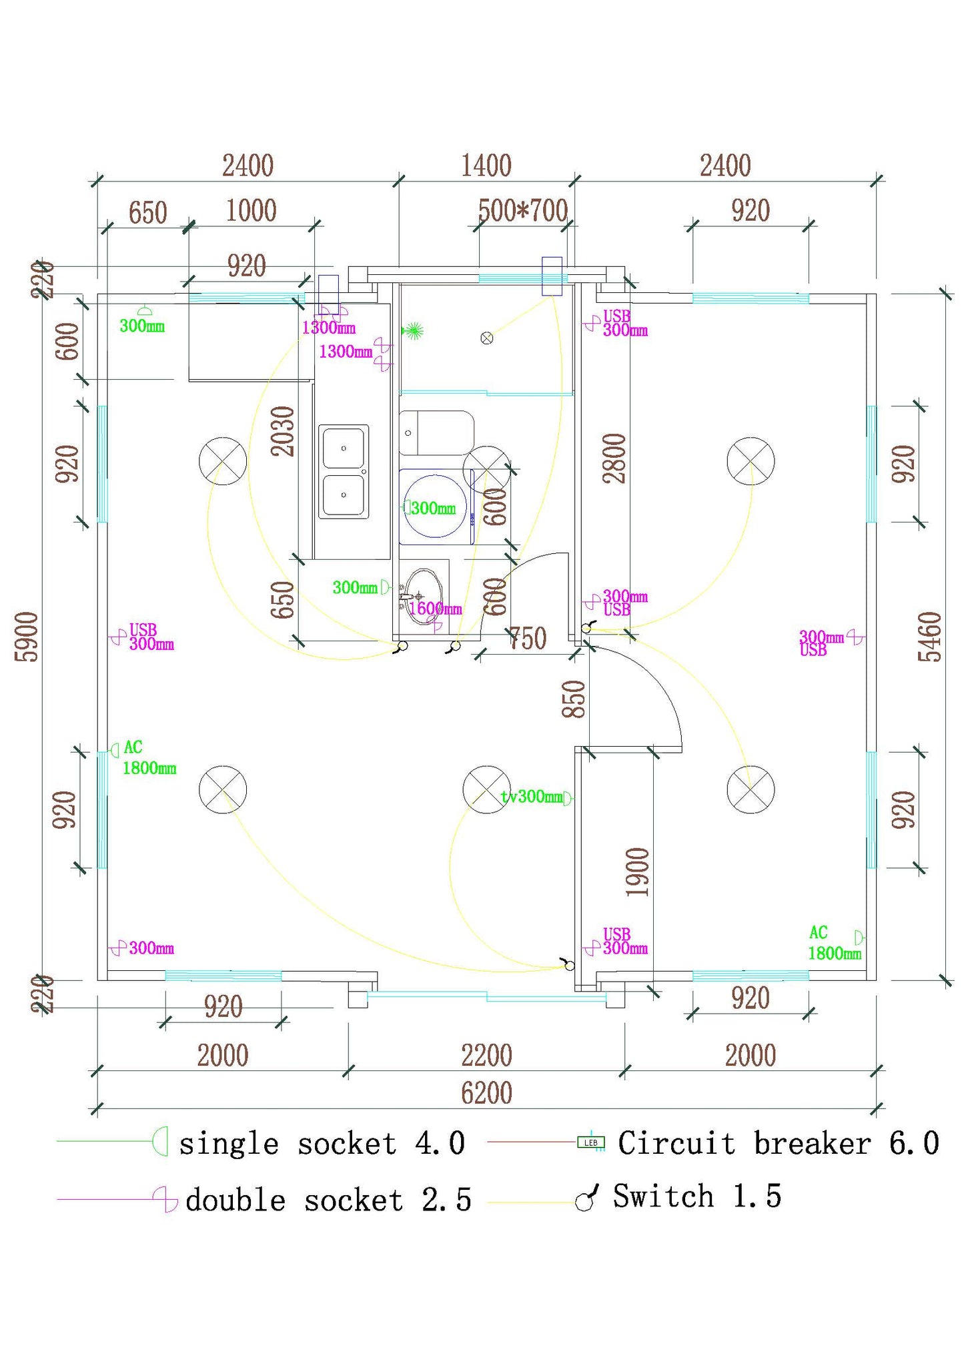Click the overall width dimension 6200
pos(486,1092)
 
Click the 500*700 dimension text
pos(522,211)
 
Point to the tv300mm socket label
pos(532,796)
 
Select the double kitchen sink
pos(344,471)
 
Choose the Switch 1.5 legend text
pos(696,1196)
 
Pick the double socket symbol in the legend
pos(165,1199)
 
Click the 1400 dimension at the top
pos(486,165)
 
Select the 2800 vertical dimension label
pos(614,458)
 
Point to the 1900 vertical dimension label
pos(637,872)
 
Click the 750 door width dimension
pos(528,639)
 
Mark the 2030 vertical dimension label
pos(283,431)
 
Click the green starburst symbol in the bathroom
pos(414,330)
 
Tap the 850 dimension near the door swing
pos(574,699)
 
